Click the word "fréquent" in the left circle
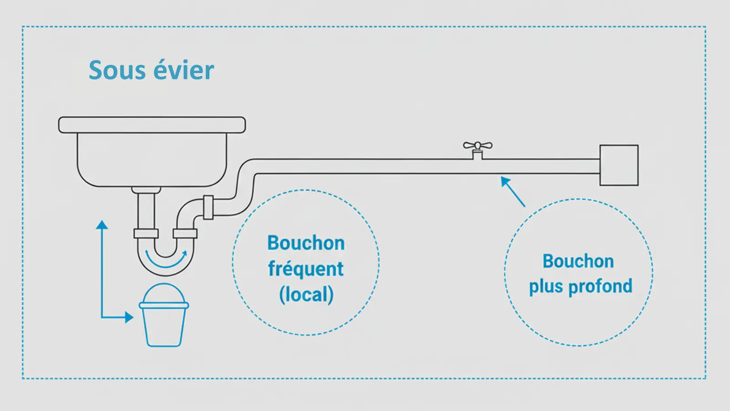point(306,269)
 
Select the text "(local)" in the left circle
point(307,295)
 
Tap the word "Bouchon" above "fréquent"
point(306,243)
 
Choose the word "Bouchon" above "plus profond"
point(578,261)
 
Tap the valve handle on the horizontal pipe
point(478,146)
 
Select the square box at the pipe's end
point(619,165)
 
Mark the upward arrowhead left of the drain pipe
point(102,225)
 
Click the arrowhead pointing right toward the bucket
point(129,317)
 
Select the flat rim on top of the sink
point(152,125)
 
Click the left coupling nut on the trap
point(146,233)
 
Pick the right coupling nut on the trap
point(185,233)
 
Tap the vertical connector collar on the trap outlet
point(208,207)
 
